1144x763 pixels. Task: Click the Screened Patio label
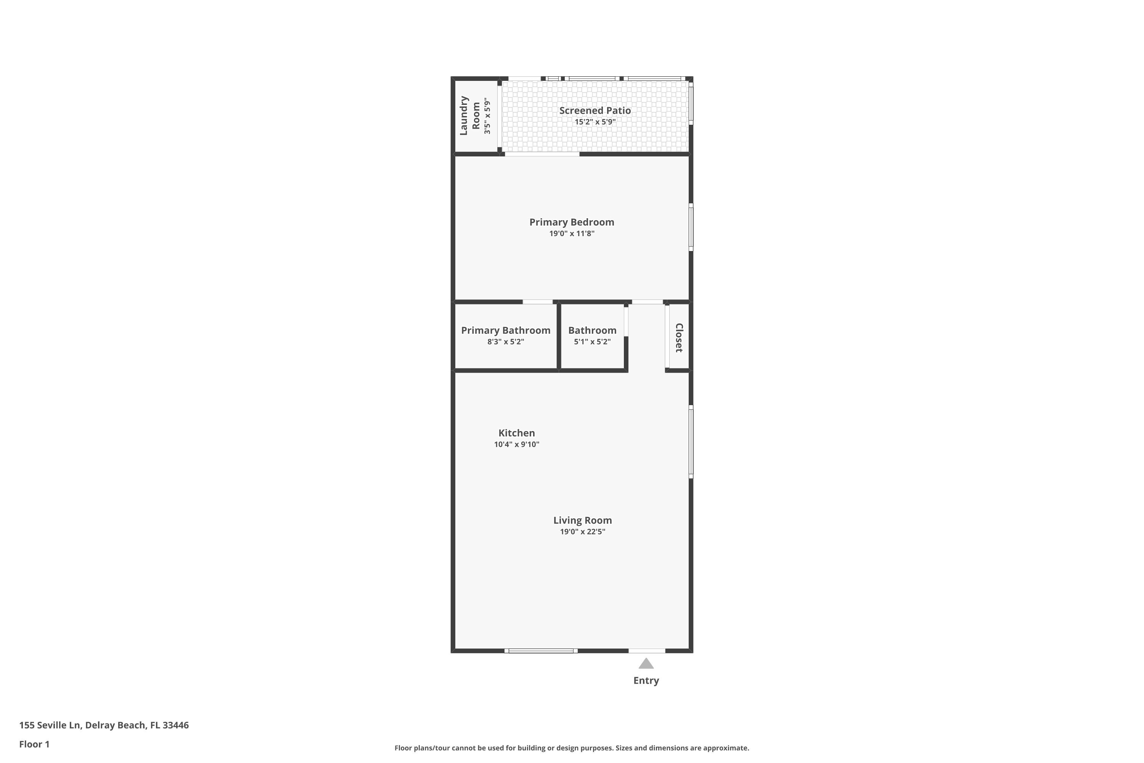click(595, 111)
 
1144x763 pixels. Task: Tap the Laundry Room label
click(470, 115)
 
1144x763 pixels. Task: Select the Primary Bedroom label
click(572, 222)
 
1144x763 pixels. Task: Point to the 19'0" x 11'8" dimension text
click(572, 233)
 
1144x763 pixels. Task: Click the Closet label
click(679, 337)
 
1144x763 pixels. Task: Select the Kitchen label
click(517, 433)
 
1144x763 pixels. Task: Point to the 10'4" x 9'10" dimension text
click(517, 444)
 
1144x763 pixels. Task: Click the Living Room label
click(582, 520)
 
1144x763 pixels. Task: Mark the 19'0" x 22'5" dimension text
click(582, 531)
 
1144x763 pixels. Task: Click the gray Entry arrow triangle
click(646, 664)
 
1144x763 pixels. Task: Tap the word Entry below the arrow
click(646, 681)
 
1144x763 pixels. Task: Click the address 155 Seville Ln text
click(50, 725)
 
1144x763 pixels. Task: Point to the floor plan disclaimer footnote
click(572, 748)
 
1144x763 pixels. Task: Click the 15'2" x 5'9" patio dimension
click(595, 122)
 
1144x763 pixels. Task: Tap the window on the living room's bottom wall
click(541, 650)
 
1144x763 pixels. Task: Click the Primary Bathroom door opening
click(537, 302)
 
